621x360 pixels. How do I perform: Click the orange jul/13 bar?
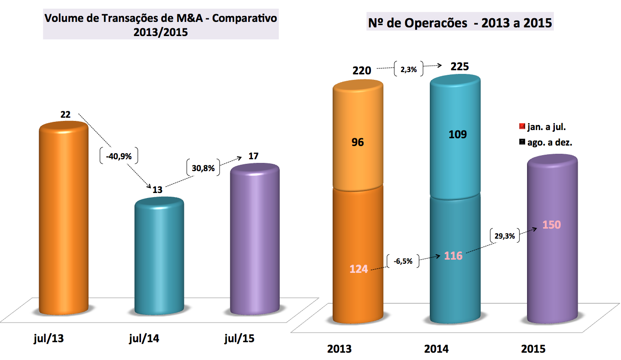pyautogui.click(x=63, y=219)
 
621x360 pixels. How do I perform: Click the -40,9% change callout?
pyautogui.click(x=119, y=156)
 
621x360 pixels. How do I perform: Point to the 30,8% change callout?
pyautogui.click(x=203, y=167)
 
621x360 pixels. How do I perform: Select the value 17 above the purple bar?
pyautogui.click(x=254, y=156)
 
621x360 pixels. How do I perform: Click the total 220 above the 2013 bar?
pyautogui.click(x=361, y=71)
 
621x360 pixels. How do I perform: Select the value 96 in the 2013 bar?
pyautogui.click(x=358, y=142)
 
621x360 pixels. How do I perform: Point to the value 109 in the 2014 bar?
pyautogui.click(x=457, y=135)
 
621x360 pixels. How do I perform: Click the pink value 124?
pyautogui.click(x=359, y=269)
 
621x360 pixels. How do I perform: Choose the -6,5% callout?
pyautogui.click(x=402, y=261)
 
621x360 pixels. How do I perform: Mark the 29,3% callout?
pyautogui.click(x=505, y=236)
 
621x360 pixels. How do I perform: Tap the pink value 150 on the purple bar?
pyautogui.click(x=552, y=225)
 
